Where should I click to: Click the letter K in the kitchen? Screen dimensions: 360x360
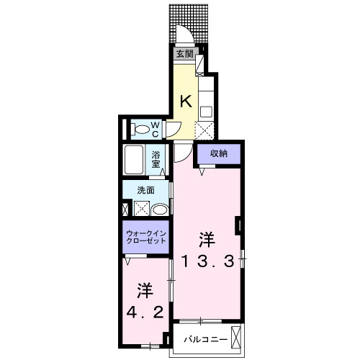click(185, 102)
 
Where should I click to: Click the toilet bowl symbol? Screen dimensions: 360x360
click(143, 130)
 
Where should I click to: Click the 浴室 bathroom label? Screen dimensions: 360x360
click(156, 158)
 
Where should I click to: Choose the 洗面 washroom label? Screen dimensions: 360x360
click(148, 190)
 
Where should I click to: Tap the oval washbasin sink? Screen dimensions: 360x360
click(161, 210)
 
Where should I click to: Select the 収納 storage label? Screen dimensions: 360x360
click(220, 153)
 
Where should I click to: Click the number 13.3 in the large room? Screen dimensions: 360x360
click(207, 261)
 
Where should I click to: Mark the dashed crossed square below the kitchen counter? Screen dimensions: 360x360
click(204, 131)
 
